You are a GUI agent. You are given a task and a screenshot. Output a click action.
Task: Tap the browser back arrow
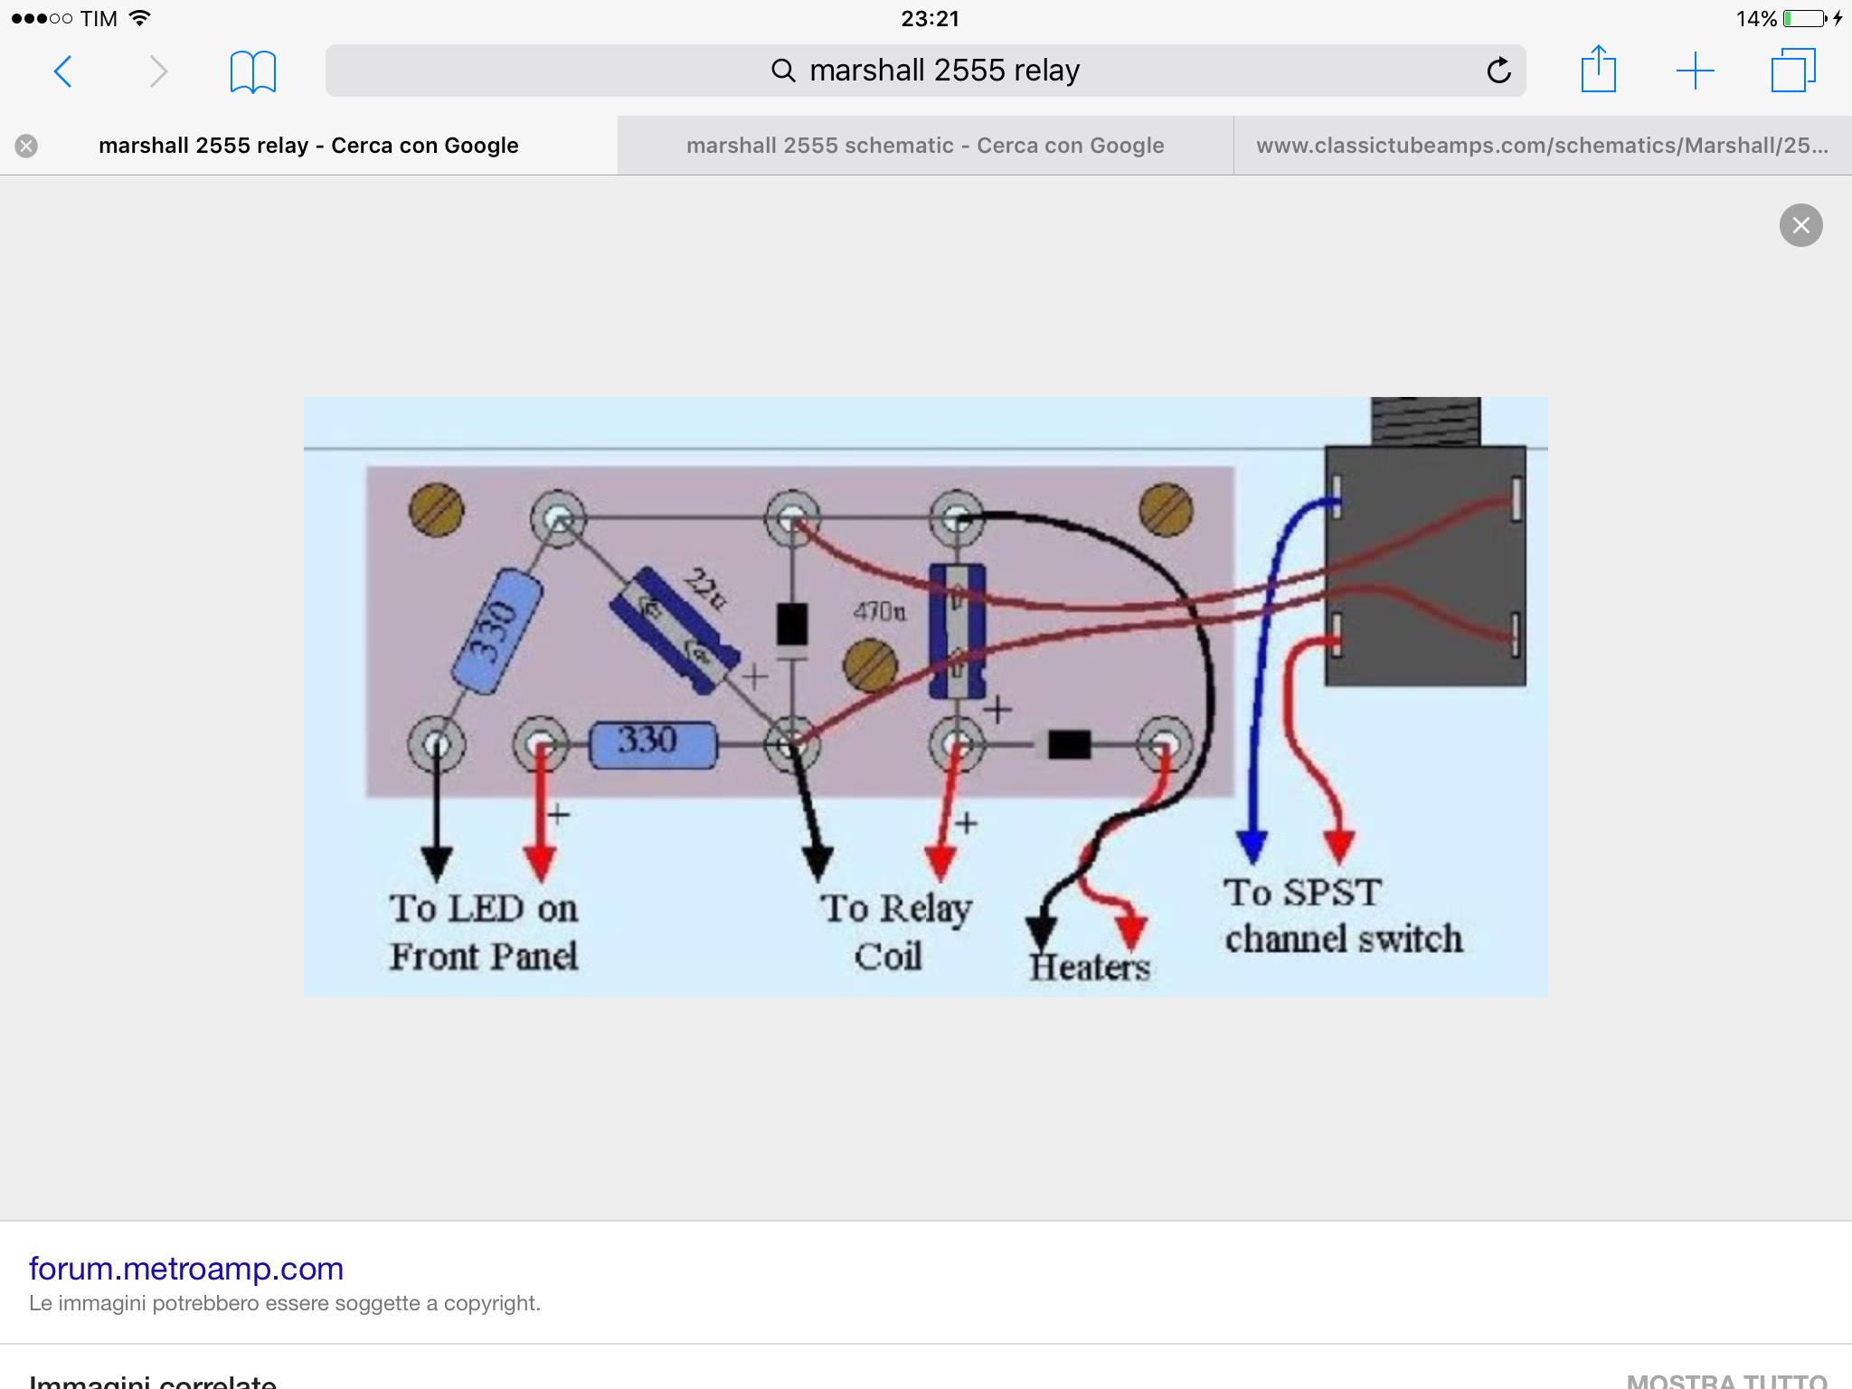click(x=62, y=71)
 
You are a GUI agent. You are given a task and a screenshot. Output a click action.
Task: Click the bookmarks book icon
click(x=252, y=71)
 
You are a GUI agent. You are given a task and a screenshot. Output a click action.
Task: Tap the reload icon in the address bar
click(x=1498, y=71)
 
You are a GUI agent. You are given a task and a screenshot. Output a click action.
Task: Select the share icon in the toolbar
click(x=1598, y=70)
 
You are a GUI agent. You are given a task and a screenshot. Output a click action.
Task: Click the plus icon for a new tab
click(x=1695, y=71)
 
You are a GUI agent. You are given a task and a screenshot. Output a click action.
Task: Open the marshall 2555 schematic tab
click(x=924, y=146)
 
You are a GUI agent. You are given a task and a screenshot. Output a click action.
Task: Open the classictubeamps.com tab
click(x=1542, y=146)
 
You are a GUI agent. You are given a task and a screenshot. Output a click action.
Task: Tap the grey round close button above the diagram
click(x=1800, y=225)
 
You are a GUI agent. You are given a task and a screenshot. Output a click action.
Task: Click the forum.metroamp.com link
click(x=186, y=1269)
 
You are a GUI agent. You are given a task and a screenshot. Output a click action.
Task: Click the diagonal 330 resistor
click(x=496, y=630)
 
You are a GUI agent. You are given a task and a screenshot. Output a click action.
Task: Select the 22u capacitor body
click(x=675, y=630)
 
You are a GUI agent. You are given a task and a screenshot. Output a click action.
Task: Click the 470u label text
click(x=879, y=612)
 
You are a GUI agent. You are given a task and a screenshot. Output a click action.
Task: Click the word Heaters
click(x=1090, y=968)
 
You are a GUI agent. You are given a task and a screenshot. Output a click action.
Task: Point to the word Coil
click(x=888, y=957)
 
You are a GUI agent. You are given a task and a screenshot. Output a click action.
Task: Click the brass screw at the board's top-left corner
click(x=436, y=510)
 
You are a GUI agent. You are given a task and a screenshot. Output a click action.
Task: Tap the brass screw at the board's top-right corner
click(x=1166, y=510)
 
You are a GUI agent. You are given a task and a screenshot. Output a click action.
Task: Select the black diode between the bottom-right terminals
click(x=1069, y=744)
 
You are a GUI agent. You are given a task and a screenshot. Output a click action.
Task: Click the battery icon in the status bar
click(x=1805, y=19)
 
